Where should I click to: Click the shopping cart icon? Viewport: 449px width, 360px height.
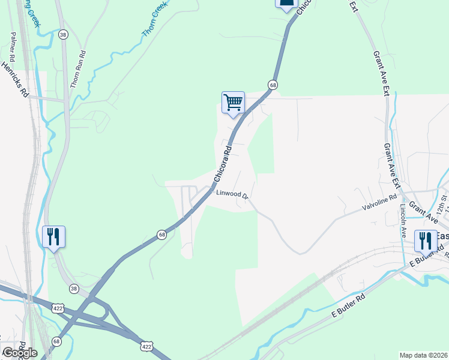coord(233,102)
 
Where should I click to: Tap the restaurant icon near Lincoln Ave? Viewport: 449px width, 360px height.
coord(425,241)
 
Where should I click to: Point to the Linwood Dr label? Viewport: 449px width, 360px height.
coord(232,194)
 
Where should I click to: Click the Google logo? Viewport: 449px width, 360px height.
coord(19,352)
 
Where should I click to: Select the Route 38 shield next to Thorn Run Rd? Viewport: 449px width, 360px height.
coord(64,35)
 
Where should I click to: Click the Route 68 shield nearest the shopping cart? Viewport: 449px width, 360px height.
coord(273,85)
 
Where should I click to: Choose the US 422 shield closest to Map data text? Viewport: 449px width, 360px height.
coord(146,346)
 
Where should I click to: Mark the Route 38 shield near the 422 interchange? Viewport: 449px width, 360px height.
coord(73,288)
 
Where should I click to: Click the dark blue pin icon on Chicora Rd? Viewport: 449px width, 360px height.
coord(286,4)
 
